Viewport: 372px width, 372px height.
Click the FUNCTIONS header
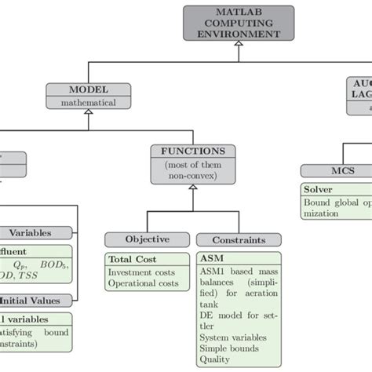(192, 151)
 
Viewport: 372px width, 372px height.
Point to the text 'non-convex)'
(192, 176)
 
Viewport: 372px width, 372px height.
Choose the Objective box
(148, 239)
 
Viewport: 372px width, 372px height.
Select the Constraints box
(237, 240)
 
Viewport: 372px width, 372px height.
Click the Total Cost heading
(132, 259)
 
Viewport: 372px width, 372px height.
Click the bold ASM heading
(211, 260)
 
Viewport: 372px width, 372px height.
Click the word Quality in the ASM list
(218, 359)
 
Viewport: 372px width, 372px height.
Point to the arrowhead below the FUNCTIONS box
(192, 188)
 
